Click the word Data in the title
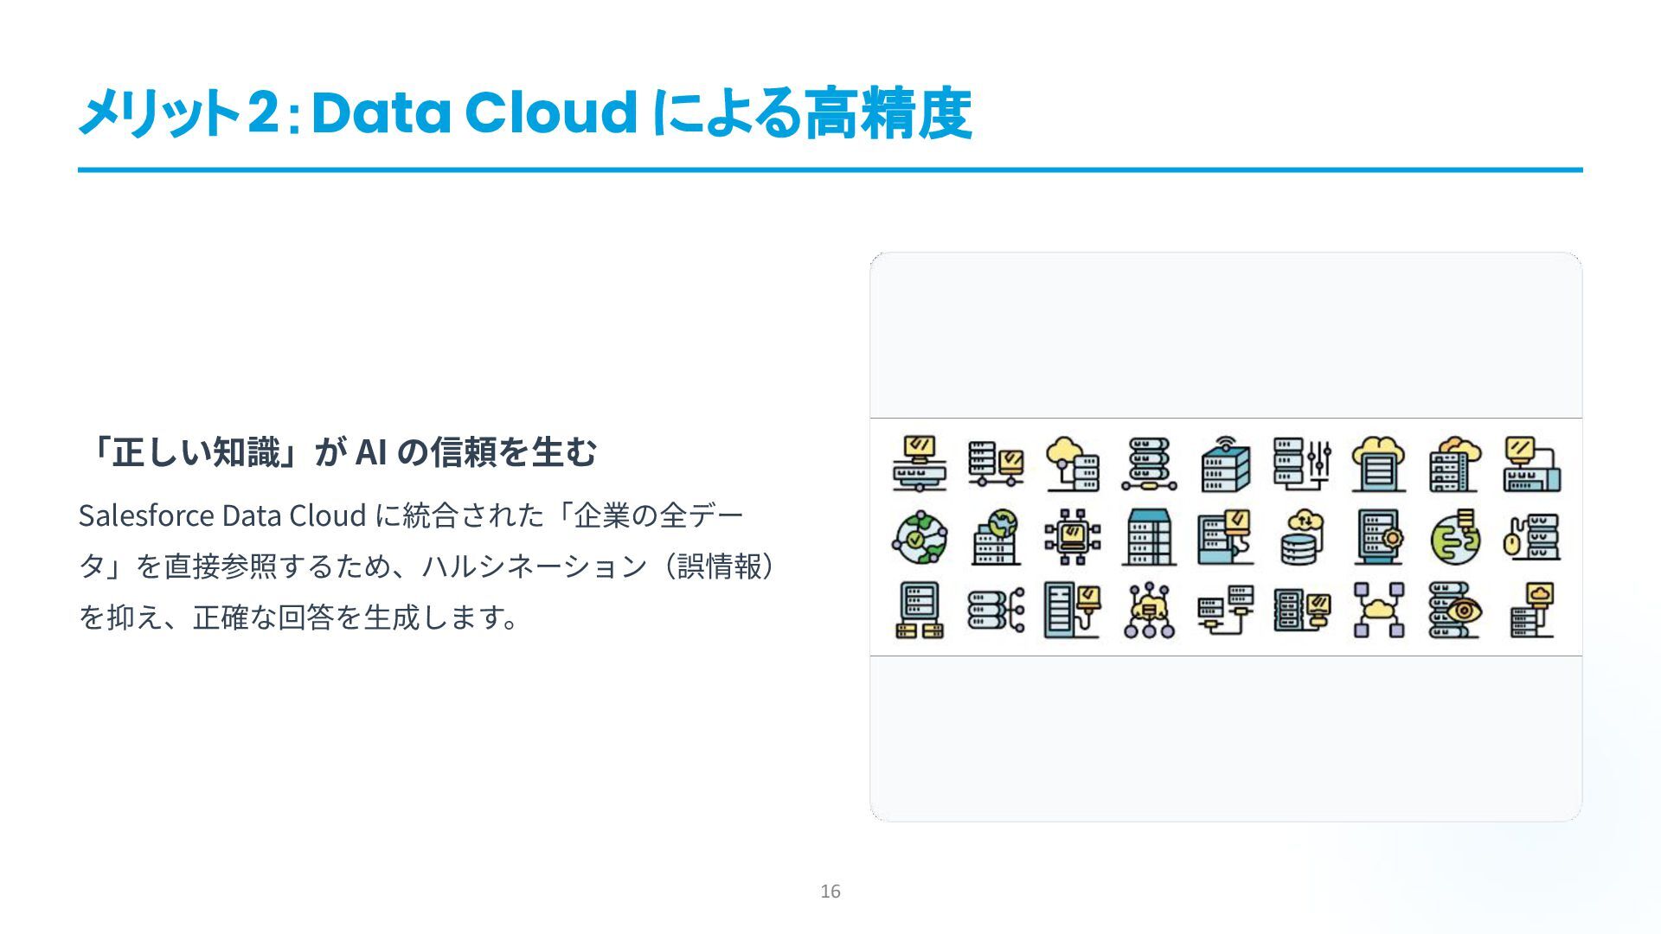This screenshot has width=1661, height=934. coord(381,113)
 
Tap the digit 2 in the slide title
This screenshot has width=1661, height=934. coord(262,113)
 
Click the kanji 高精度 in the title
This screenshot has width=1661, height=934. coord(888,113)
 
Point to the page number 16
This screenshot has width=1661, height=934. coord(830,892)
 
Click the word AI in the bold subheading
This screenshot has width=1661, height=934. coord(370,451)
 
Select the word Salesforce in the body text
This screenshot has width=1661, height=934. coord(146,515)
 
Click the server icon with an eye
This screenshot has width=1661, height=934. coord(1454,611)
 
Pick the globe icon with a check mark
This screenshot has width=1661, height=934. coord(919,537)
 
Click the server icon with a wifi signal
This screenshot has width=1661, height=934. coord(1225,464)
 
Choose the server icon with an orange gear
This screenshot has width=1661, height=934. coord(1379,537)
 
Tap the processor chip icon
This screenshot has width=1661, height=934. coord(1072,537)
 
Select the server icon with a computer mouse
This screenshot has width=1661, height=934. coord(1532,537)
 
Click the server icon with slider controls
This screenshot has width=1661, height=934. coord(1302,464)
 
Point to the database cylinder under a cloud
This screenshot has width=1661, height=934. coord(1301,537)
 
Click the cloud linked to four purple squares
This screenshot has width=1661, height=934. coord(1378,611)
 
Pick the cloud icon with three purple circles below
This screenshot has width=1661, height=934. coord(1149,611)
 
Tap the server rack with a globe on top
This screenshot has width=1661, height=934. coord(995,537)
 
